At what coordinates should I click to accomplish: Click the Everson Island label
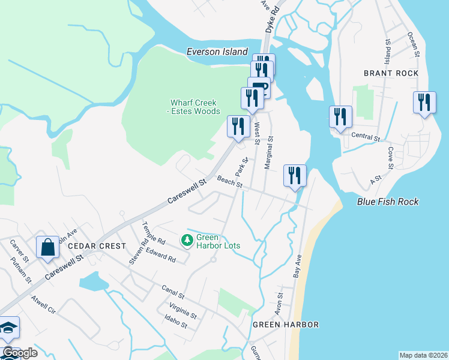point(217,52)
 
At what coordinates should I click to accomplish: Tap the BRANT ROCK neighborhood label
point(391,73)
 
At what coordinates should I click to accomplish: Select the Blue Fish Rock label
point(388,202)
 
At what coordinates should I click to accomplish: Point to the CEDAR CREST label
point(97,246)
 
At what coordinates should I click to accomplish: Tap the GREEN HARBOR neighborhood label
point(285,325)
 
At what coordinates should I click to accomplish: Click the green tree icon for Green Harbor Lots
point(187,241)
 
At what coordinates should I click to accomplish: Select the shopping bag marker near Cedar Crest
point(48,247)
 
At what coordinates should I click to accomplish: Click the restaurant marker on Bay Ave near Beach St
point(295,175)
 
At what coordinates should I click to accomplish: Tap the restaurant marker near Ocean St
point(424,102)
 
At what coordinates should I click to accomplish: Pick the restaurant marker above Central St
point(340,116)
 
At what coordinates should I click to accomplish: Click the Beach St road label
point(229,181)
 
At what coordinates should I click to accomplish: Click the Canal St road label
point(173,292)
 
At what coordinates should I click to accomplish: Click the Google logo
point(20,353)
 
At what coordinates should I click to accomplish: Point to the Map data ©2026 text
point(423,355)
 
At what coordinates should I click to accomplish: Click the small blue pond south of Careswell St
point(89,280)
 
